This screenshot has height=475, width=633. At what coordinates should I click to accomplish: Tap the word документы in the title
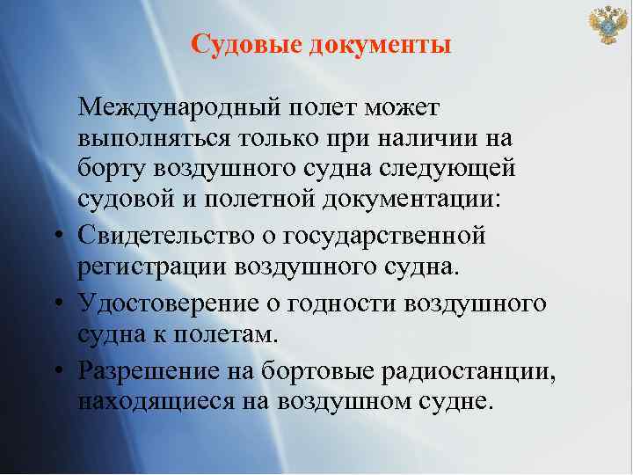point(381,44)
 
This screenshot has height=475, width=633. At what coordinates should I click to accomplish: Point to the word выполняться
point(153,139)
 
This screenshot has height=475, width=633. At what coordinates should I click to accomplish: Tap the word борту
point(112,167)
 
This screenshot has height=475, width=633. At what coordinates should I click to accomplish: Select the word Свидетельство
point(164,234)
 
